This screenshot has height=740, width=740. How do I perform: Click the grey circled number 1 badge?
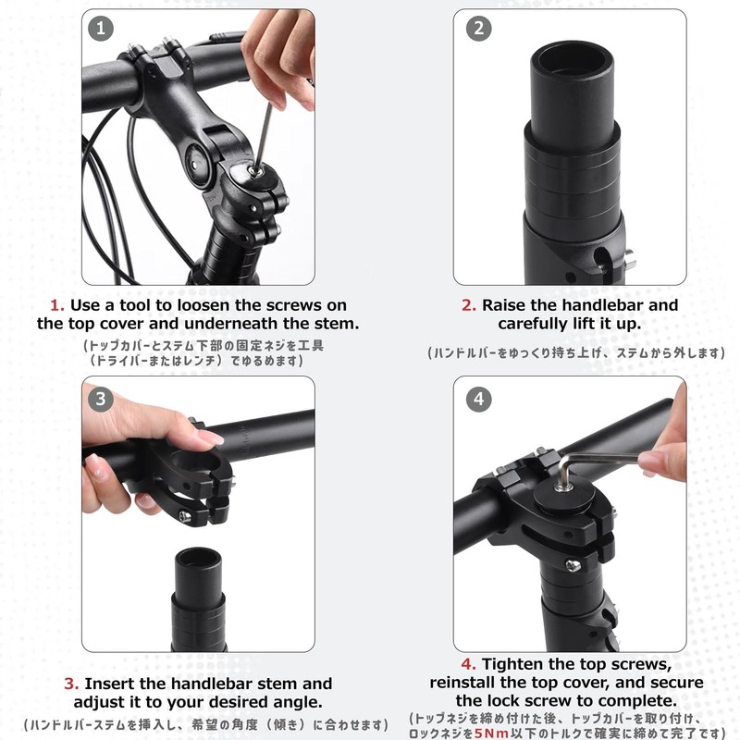click(101, 29)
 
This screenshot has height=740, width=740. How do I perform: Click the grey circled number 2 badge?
click(478, 29)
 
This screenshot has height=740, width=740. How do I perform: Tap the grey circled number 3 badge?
click(101, 400)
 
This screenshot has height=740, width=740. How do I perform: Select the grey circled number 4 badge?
click(478, 400)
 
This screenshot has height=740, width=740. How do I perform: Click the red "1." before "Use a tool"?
click(57, 305)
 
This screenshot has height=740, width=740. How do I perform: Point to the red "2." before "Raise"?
click(469, 305)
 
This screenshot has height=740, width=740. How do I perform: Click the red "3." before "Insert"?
click(71, 684)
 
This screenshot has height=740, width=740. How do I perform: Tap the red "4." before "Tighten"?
click(469, 664)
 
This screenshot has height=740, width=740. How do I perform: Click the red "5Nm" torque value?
click(491, 733)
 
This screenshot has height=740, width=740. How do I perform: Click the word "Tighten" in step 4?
click(512, 664)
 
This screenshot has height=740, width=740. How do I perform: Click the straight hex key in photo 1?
click(264, 138)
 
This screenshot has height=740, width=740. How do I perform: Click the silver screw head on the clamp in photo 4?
click(573, 565)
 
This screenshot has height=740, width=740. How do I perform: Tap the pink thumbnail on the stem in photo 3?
click(210, 438)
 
